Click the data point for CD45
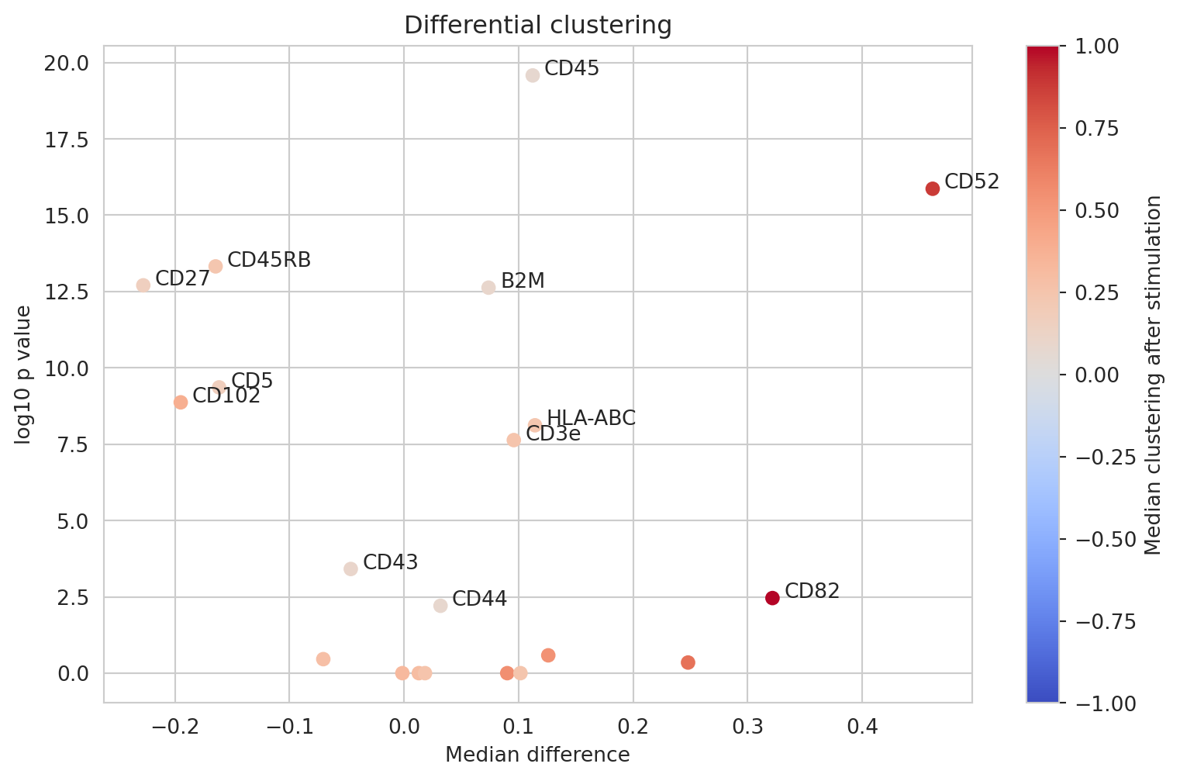point(533,75)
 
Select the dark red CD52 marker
point(933,188)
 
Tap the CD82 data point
point(772,598)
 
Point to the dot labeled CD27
point(143,285)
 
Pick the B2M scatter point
point(488,288)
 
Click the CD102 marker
point(181,403)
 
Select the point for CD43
point(350,569)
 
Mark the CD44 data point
point(440,606)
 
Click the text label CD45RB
point(269,260)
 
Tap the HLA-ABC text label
point(591,419)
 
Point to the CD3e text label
point(553,434)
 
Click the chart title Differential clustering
point(538,26)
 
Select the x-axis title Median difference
point(537,755)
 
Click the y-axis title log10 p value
point(24,375)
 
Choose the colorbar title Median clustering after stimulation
point(1154,375)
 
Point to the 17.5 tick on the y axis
point(67,139)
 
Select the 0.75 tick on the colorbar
point(1096,129)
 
